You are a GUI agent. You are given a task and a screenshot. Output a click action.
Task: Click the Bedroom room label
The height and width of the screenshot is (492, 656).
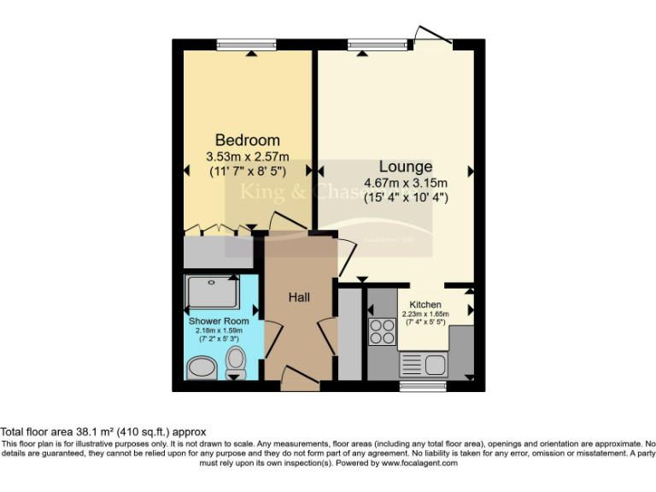(x=247, y=140)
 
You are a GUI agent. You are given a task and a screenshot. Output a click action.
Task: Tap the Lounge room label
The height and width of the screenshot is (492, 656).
(x=406, y=167)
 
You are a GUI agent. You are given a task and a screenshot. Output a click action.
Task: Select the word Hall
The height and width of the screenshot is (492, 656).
(x=298, y=297)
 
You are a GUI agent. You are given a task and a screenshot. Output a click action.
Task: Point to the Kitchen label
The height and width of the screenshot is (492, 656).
(x=425, y=305)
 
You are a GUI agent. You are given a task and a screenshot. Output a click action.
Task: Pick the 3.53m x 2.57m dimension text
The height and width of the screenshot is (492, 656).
(x=248, y=156)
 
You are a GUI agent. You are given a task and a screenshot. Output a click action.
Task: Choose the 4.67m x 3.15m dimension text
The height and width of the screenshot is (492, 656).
(x=407, y=183)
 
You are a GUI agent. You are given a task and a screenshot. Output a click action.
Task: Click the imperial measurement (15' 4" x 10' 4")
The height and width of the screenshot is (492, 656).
(x=407, y=197)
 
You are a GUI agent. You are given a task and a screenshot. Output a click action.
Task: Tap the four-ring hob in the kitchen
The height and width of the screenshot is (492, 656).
(x=381, y=331)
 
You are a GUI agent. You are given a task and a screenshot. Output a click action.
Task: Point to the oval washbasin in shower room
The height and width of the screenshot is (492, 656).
(x=202, y=368)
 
